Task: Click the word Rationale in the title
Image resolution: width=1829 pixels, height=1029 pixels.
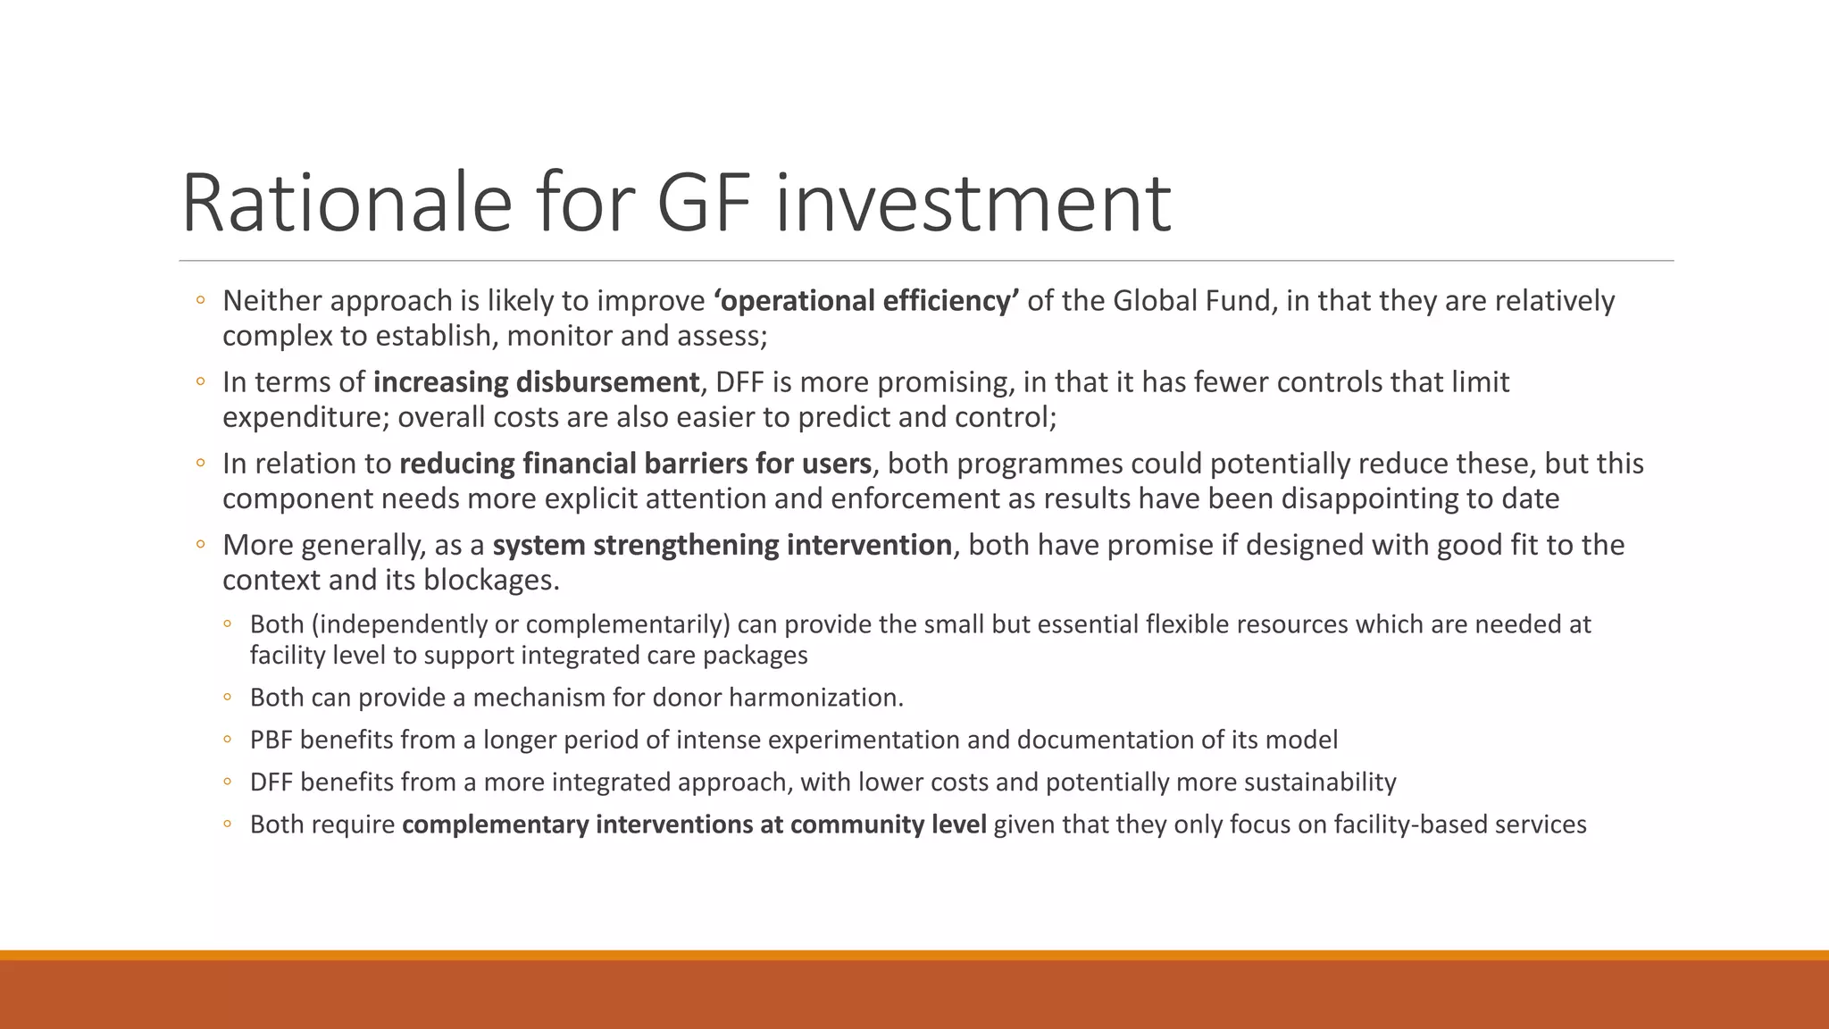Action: tap(347, 204)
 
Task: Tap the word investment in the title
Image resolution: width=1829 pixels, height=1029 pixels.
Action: tap(973, 204)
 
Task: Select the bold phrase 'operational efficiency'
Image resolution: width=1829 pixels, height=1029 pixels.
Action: tap(865, 301)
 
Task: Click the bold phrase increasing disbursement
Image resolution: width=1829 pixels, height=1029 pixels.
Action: tap(536, 382)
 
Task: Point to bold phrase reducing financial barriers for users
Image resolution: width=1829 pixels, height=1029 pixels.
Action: tap(635, 464)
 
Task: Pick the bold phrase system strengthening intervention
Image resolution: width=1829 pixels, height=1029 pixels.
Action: tap(722, 545)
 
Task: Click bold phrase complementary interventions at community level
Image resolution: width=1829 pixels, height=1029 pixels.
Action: tap(694, 824)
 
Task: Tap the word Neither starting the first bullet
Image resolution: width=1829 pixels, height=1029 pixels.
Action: tap(271, 301)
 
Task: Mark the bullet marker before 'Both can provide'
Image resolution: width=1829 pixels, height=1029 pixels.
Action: tap(229, 698)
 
